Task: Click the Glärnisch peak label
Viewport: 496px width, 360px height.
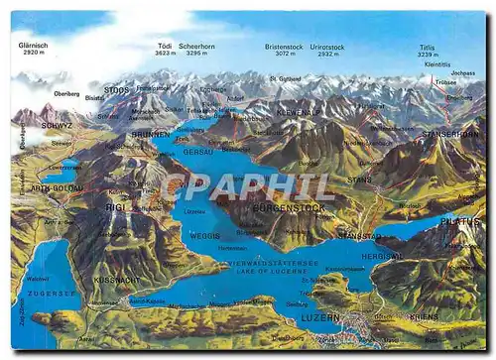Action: [x=33, y=47]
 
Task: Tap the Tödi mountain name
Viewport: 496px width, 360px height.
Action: [x=166, y=47]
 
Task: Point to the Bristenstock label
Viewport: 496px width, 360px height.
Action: [x=284, y=47]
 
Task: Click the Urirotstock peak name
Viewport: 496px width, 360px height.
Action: [x=326, y=47]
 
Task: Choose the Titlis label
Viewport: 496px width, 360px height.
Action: [x=428, y=47]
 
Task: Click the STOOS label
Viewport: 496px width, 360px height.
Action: [x=117, y=90]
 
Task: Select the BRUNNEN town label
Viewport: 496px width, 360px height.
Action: [x=151, y=132]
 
